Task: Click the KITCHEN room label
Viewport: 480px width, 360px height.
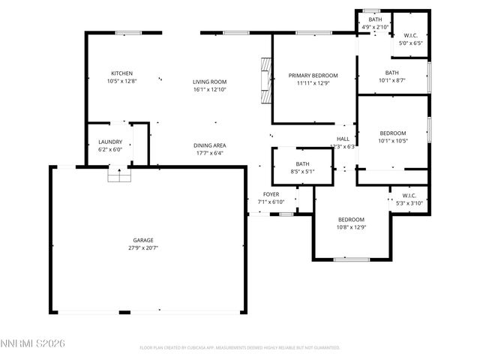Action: [x=122, y=73]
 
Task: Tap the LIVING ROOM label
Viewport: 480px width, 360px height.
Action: [x=209, y=82]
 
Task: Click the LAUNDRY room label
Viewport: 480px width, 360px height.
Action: [x=110, y=142]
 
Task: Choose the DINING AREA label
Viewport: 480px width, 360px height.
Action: [x=209, y=145]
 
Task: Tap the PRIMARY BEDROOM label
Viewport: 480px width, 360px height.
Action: [x=313, y=75]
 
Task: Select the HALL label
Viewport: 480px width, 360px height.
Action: [x=343, y=139]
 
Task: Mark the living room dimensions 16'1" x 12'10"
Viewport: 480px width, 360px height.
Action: [x=209, y=89]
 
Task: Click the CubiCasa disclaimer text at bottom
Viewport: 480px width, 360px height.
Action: [x=239, y=347]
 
